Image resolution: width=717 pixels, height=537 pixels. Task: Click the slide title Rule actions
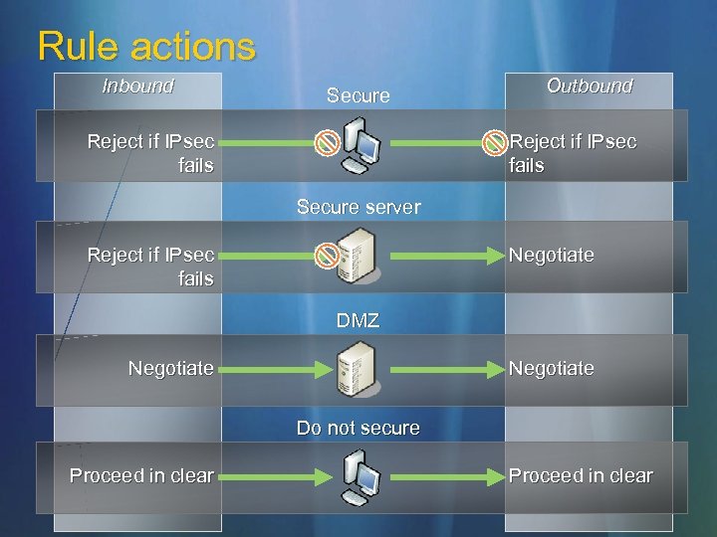146,46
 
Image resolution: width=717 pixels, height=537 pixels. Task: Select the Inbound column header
137,87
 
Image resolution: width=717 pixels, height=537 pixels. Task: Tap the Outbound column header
590,87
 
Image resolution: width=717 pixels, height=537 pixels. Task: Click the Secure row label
358,95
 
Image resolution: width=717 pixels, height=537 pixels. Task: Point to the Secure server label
358,208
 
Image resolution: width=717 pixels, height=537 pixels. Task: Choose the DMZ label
358,321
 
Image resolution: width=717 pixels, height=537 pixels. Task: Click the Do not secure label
358,429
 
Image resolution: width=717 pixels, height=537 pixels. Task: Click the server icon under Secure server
357,255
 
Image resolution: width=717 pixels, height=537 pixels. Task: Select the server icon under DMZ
357,368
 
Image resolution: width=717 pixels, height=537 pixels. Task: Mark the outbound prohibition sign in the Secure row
495,143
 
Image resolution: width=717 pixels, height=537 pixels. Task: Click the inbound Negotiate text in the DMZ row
170,369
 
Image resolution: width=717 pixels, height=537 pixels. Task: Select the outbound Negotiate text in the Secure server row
552,256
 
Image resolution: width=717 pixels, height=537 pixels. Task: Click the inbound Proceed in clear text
141,476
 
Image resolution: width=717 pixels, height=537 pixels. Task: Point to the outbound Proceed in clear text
581,476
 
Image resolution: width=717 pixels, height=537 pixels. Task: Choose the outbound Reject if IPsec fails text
573,153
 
